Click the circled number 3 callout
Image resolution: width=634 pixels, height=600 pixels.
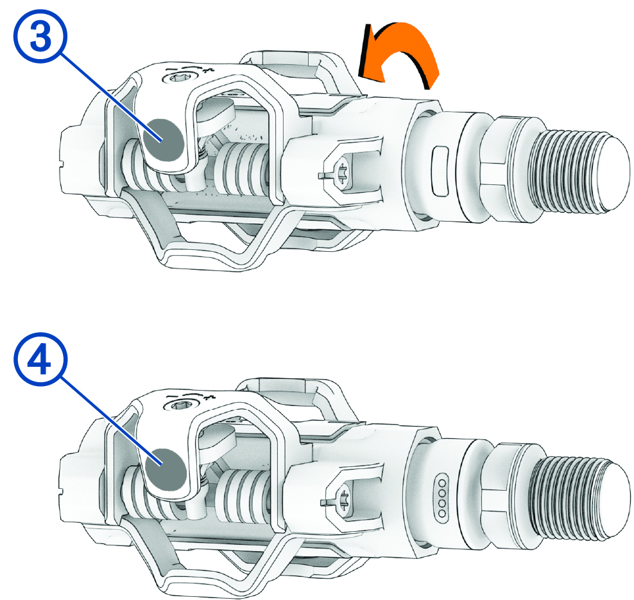tap(40, 37)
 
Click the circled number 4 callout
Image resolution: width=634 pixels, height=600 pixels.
tap(40, 360)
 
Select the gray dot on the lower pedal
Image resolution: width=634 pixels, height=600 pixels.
tap(166, 469)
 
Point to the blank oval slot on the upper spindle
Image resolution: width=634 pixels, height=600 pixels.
tap(440, 172)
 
